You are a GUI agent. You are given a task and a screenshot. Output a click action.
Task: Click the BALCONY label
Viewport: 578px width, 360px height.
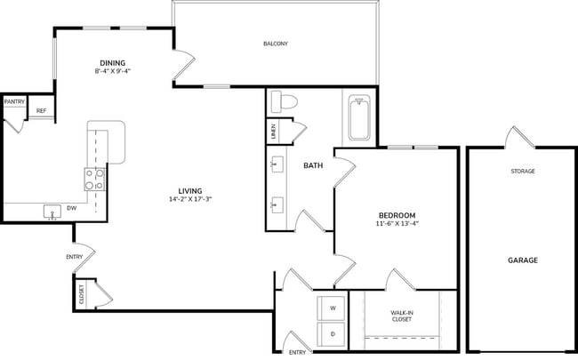point(275,44)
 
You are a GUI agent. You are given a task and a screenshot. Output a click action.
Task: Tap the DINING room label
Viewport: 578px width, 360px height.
point(111,62)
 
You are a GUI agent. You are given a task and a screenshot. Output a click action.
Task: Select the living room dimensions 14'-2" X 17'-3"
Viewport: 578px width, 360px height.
point(189,199)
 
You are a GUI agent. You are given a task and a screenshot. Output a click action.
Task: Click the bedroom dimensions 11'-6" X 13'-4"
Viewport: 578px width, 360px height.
point(397,224)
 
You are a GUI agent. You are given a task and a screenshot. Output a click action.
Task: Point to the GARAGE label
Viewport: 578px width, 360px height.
point(522,260)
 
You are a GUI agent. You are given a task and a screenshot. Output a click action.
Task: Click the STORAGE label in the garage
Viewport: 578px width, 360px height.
point(522,171)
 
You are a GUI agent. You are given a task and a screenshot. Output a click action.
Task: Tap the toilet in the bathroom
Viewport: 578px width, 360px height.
point(284,102)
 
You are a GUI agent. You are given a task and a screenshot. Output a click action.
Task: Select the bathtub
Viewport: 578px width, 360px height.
point(359,119)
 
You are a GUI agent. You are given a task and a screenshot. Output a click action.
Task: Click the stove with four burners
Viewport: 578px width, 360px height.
point(95,180)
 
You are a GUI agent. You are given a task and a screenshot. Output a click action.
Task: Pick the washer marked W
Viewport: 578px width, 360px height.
point(333,308)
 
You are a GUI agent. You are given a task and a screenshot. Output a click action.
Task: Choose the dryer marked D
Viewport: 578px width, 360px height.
point(333,335)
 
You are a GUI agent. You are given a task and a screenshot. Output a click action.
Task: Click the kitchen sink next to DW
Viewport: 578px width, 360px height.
point(52,212)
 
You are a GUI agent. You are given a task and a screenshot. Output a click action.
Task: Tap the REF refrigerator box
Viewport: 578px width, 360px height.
point(41,111)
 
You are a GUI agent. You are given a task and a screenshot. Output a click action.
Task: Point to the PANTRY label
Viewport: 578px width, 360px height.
point(14,102)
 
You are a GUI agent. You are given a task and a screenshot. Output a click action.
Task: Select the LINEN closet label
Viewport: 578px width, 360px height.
point(272,132)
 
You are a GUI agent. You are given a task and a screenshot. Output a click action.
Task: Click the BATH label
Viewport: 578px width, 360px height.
point(313,165)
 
